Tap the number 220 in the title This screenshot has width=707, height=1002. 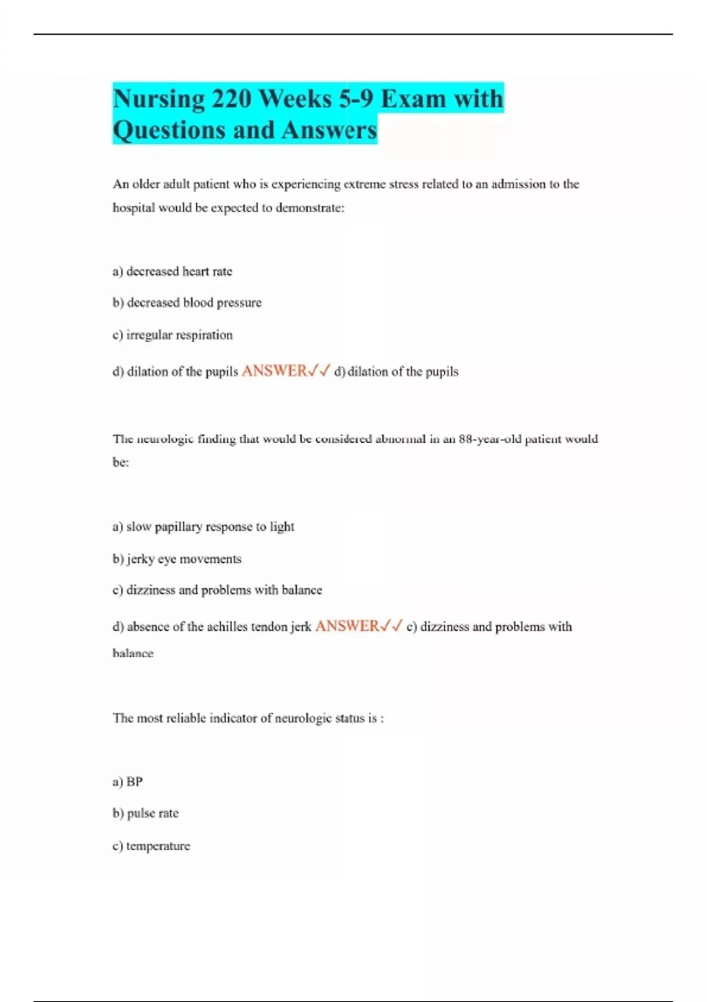pos(232,98)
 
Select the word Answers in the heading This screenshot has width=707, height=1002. pos(329,130)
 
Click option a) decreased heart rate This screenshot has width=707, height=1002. pos(173,271)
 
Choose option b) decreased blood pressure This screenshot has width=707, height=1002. pos(187,302)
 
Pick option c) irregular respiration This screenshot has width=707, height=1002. pos(173,335)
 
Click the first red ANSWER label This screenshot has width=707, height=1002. pos(275,371)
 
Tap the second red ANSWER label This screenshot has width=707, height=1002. pos(348,626)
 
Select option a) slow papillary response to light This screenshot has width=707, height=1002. pos(203,526)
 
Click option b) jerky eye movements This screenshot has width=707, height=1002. pos(177,559)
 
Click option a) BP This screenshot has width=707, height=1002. pos(128,782)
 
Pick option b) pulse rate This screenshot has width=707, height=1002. pos(146,813)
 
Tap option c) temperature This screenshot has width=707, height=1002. pos(151,846)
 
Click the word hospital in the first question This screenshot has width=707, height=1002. pos(132,207)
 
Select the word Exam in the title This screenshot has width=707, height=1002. pos(413,98)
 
